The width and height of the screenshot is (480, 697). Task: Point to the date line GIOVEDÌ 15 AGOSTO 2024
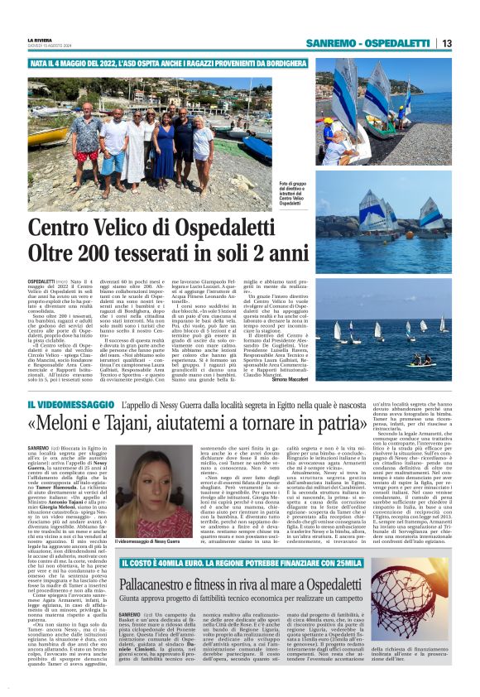click(x=50, y=46)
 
